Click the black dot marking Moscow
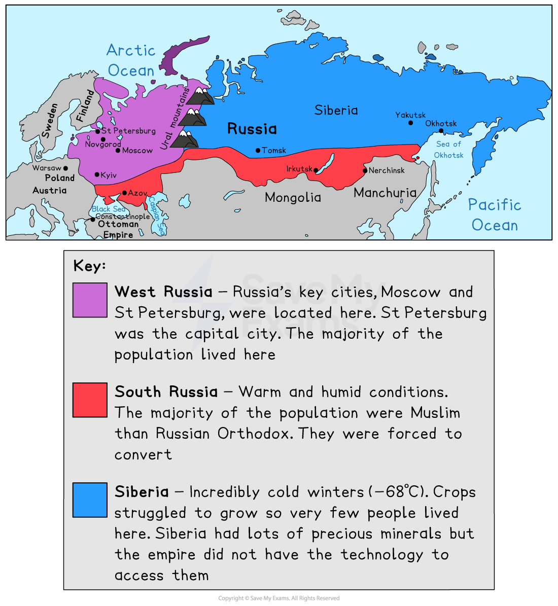[x=118, y=151]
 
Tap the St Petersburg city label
[x=128, y=131]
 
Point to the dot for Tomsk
[x=258, y=151]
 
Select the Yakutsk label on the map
[x=410, y=115]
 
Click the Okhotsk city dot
[x=441, y=131]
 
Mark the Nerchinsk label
[x=387, y=170]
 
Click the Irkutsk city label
[x=299, y=168]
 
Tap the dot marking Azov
[x=124, y=193]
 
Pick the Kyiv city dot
[x=97, y=175]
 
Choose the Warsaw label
[x=47, y=168]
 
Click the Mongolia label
[x=293, y=197]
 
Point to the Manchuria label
[x=385, y=193]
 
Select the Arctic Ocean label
[x=131, y=60]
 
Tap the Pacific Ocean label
[x=495, y=215]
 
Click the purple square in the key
[x=90, y=300]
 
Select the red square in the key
[x=90, y=400]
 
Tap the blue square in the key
[x=90, y=500]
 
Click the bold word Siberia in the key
[x=142, y=492]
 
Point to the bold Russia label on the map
[x=252, y=129]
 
